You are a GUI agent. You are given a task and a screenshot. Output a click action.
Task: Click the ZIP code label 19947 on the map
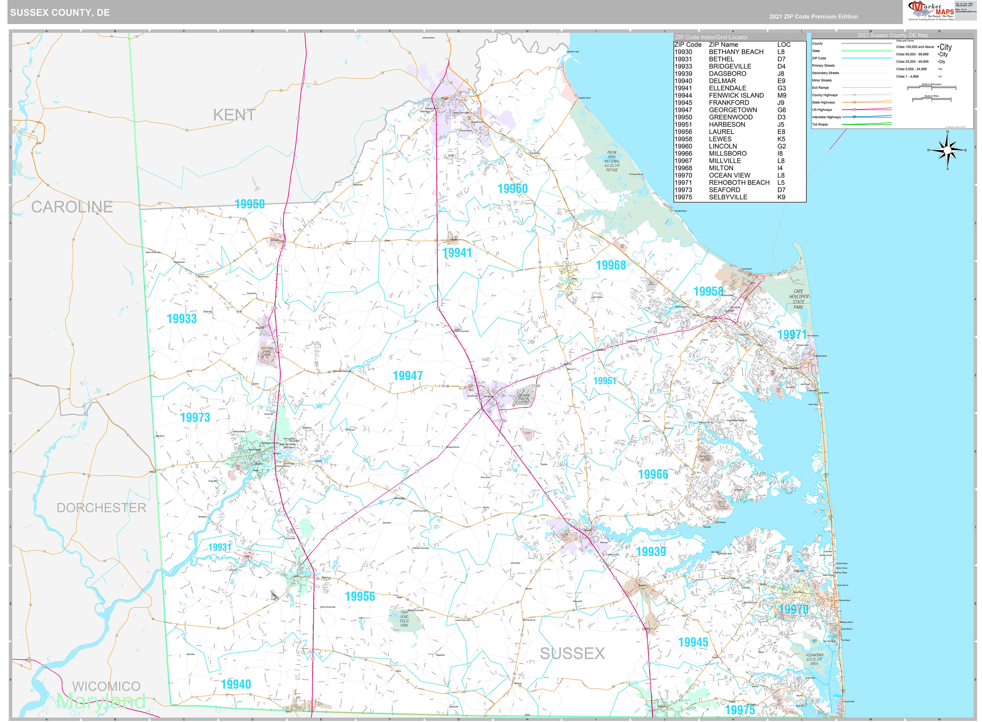click(407, 376)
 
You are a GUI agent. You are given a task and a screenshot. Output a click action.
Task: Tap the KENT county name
click(234, 115)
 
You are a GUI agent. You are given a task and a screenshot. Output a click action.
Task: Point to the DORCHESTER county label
click(101, 508)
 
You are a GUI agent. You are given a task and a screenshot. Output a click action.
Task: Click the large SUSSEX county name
click(572, 653)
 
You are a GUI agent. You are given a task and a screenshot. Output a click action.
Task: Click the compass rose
click(947, 150)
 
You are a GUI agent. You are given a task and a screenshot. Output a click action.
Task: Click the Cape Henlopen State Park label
click(798, 299)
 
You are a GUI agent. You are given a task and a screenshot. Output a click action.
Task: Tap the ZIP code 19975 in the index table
click(683, 197)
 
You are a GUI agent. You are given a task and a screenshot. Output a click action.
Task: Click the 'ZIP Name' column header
click(723, 45)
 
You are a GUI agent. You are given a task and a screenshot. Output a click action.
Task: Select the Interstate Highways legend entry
click(826, 117)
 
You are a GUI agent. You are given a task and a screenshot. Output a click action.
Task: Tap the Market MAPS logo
click(930, 11)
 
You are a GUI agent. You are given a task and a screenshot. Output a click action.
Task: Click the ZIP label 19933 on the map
click(182, 319)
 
